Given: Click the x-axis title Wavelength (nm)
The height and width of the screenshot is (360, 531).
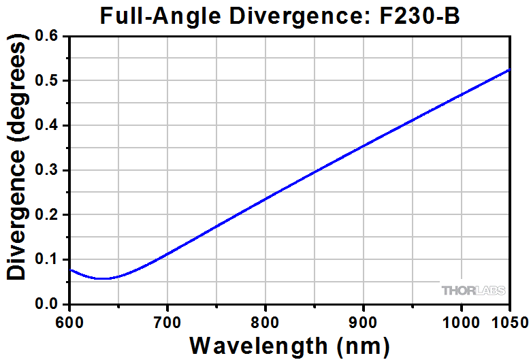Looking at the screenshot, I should click(x=289, y=345).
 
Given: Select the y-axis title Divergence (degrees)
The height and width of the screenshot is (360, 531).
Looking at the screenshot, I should click(x=19, y=160).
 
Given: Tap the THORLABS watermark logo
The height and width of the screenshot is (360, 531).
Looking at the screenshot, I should click(x=474, y=291).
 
